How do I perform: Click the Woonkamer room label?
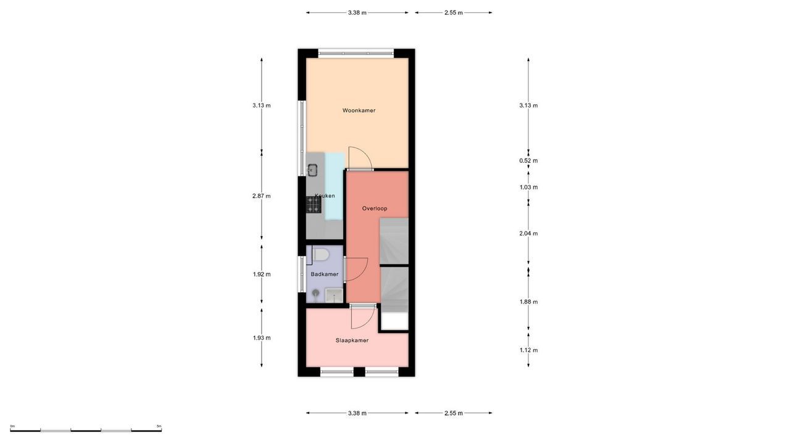(x=359, y=110)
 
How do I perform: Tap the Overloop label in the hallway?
(x=375, y=208)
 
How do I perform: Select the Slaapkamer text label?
(x=352, y=340)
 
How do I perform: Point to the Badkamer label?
(x=325, y=274)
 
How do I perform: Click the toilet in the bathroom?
(x=321, y=254)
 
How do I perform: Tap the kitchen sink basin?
(x=313, y=169)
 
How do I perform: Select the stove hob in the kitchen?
(x=314, y=205)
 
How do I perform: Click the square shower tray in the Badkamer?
(x=334, y=296)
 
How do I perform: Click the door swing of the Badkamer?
(x=355, y=269)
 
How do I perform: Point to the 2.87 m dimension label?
(x=261, y=196)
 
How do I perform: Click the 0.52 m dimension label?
(x=529, y=161)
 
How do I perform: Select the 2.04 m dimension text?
(x=529, y=234)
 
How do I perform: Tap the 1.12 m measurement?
(x=529, y=350)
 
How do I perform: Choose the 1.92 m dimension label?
(x=262, y=274)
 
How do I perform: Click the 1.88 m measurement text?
(x=529, y=302)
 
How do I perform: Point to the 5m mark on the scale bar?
(x=159, y=426)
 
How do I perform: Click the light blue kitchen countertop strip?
(x=334, y=185)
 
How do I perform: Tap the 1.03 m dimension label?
(x=529, y=187)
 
